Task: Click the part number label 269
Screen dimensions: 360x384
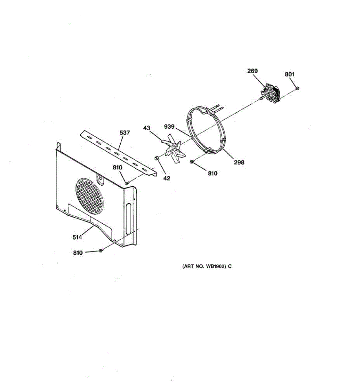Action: pyautogui.click(x=252, y=71)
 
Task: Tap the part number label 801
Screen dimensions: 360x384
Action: pyautogui.click(x=290, y=74)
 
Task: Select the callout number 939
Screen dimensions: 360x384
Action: pyautogui.click(x=169, y=127)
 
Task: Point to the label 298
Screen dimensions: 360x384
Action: pyautogui.click(x=239, y=162)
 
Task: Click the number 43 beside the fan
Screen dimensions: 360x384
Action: pyautogui.click(x=147, y=128)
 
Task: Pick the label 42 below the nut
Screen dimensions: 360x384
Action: pyautogui.click(x=167, y=178)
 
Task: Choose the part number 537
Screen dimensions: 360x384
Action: pyautogui.click(x=125, y=132)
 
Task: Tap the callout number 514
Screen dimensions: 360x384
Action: pyautogui.click(x=77, y=237)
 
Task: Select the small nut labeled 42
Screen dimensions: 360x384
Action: pyautogui.click(x=157, y=158)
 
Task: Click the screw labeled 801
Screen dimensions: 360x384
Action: pyautogui.click(x=297, y=88)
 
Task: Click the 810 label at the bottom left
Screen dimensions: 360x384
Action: pyautogui.click(x=78, y=253)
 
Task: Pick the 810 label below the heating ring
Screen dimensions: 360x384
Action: pyautogui.click(x=212, y=173)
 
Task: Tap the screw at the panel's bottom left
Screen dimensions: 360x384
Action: pyautogui.click(x=101, y=250)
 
